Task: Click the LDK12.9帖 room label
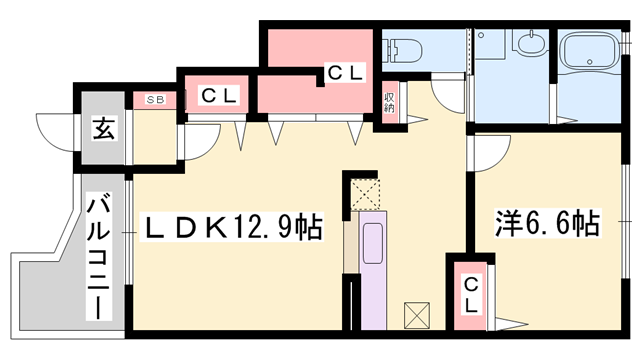231,227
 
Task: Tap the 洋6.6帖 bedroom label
547,223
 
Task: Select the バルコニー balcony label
99,258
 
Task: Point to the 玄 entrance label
104,128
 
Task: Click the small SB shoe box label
156,99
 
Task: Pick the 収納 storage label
389,103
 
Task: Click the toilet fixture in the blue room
402,51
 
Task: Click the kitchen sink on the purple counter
373,243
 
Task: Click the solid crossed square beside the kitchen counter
417,315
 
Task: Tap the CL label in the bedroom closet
471,294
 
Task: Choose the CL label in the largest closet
345,73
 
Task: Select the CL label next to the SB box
219,96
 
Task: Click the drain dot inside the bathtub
589,62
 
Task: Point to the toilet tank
387,51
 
